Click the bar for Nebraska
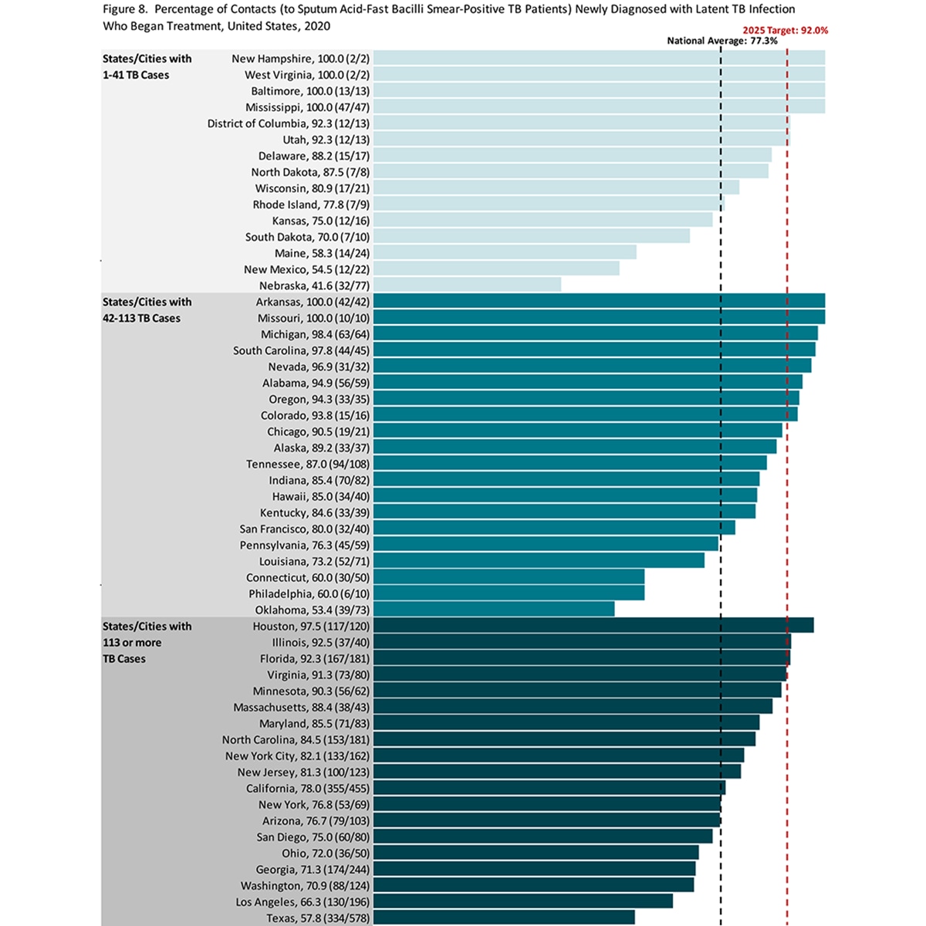point(467,286)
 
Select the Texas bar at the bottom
point(503,918)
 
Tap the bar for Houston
point(593,626)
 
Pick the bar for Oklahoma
point(494,610)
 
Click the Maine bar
point(505,253)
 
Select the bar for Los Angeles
point(522,901)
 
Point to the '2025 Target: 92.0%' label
point(786,30)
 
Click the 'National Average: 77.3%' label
point(722,41)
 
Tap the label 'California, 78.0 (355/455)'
point(308,789)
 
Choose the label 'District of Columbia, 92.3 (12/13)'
point(288,123)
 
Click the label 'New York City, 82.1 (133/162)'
point(297,756)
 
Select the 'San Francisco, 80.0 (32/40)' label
point(304,529)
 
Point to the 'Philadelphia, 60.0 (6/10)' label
point(309,594)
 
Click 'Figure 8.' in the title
point(124,9)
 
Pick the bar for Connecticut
point(509,577)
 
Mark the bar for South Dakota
point(531,237)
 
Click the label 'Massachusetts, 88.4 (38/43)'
point(301,708)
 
